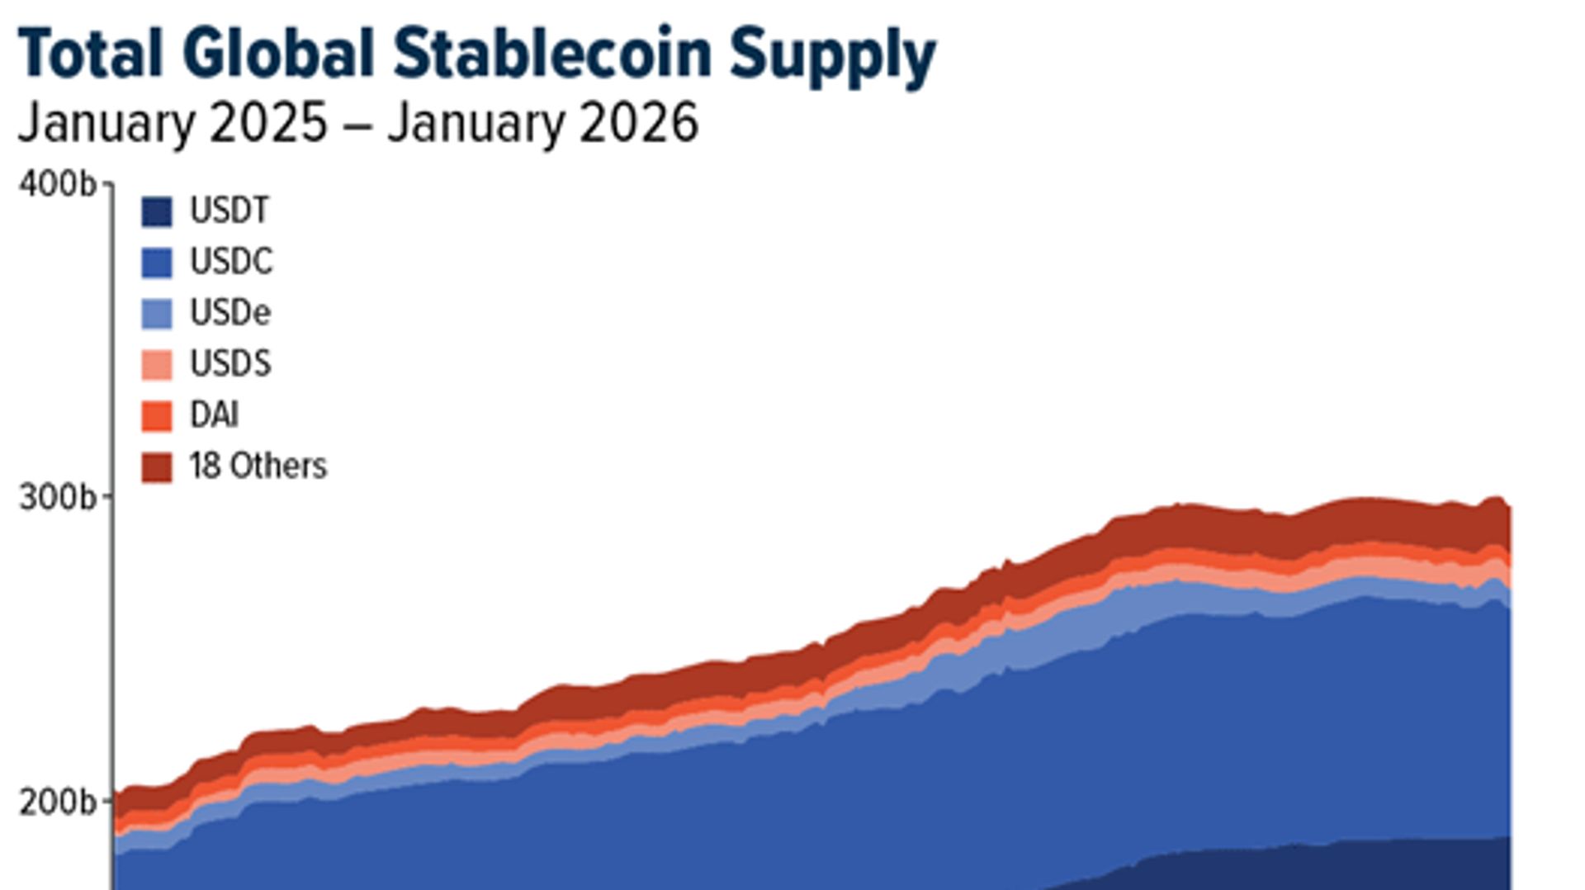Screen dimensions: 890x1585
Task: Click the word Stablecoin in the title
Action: coord(552,54)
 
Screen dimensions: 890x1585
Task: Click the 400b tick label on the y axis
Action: coord(57,185)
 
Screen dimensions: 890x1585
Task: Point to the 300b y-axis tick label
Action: coord(57,498)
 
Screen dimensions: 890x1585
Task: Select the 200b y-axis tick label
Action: coord(57,802)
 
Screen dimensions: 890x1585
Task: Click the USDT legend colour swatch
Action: coord(157,212)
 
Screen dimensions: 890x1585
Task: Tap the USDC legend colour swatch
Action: coord(157,263)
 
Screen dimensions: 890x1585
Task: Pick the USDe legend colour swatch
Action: coord(157,314)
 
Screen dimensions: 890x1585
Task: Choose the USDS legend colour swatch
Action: coord(157,365)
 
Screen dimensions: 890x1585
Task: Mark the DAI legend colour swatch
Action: coord(157,416)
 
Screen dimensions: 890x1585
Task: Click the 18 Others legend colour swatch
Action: coord(157,467)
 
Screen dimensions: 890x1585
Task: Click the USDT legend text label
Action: coord(229,211)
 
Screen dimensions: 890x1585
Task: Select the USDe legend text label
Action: coord(230,313)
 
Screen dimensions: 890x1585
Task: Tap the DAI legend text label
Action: coord(215,415)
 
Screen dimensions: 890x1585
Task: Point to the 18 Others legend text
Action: coord(258,466)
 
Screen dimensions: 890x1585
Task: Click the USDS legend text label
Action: coord(230,364)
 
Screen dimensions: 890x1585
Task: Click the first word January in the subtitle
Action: coord(106,123)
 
